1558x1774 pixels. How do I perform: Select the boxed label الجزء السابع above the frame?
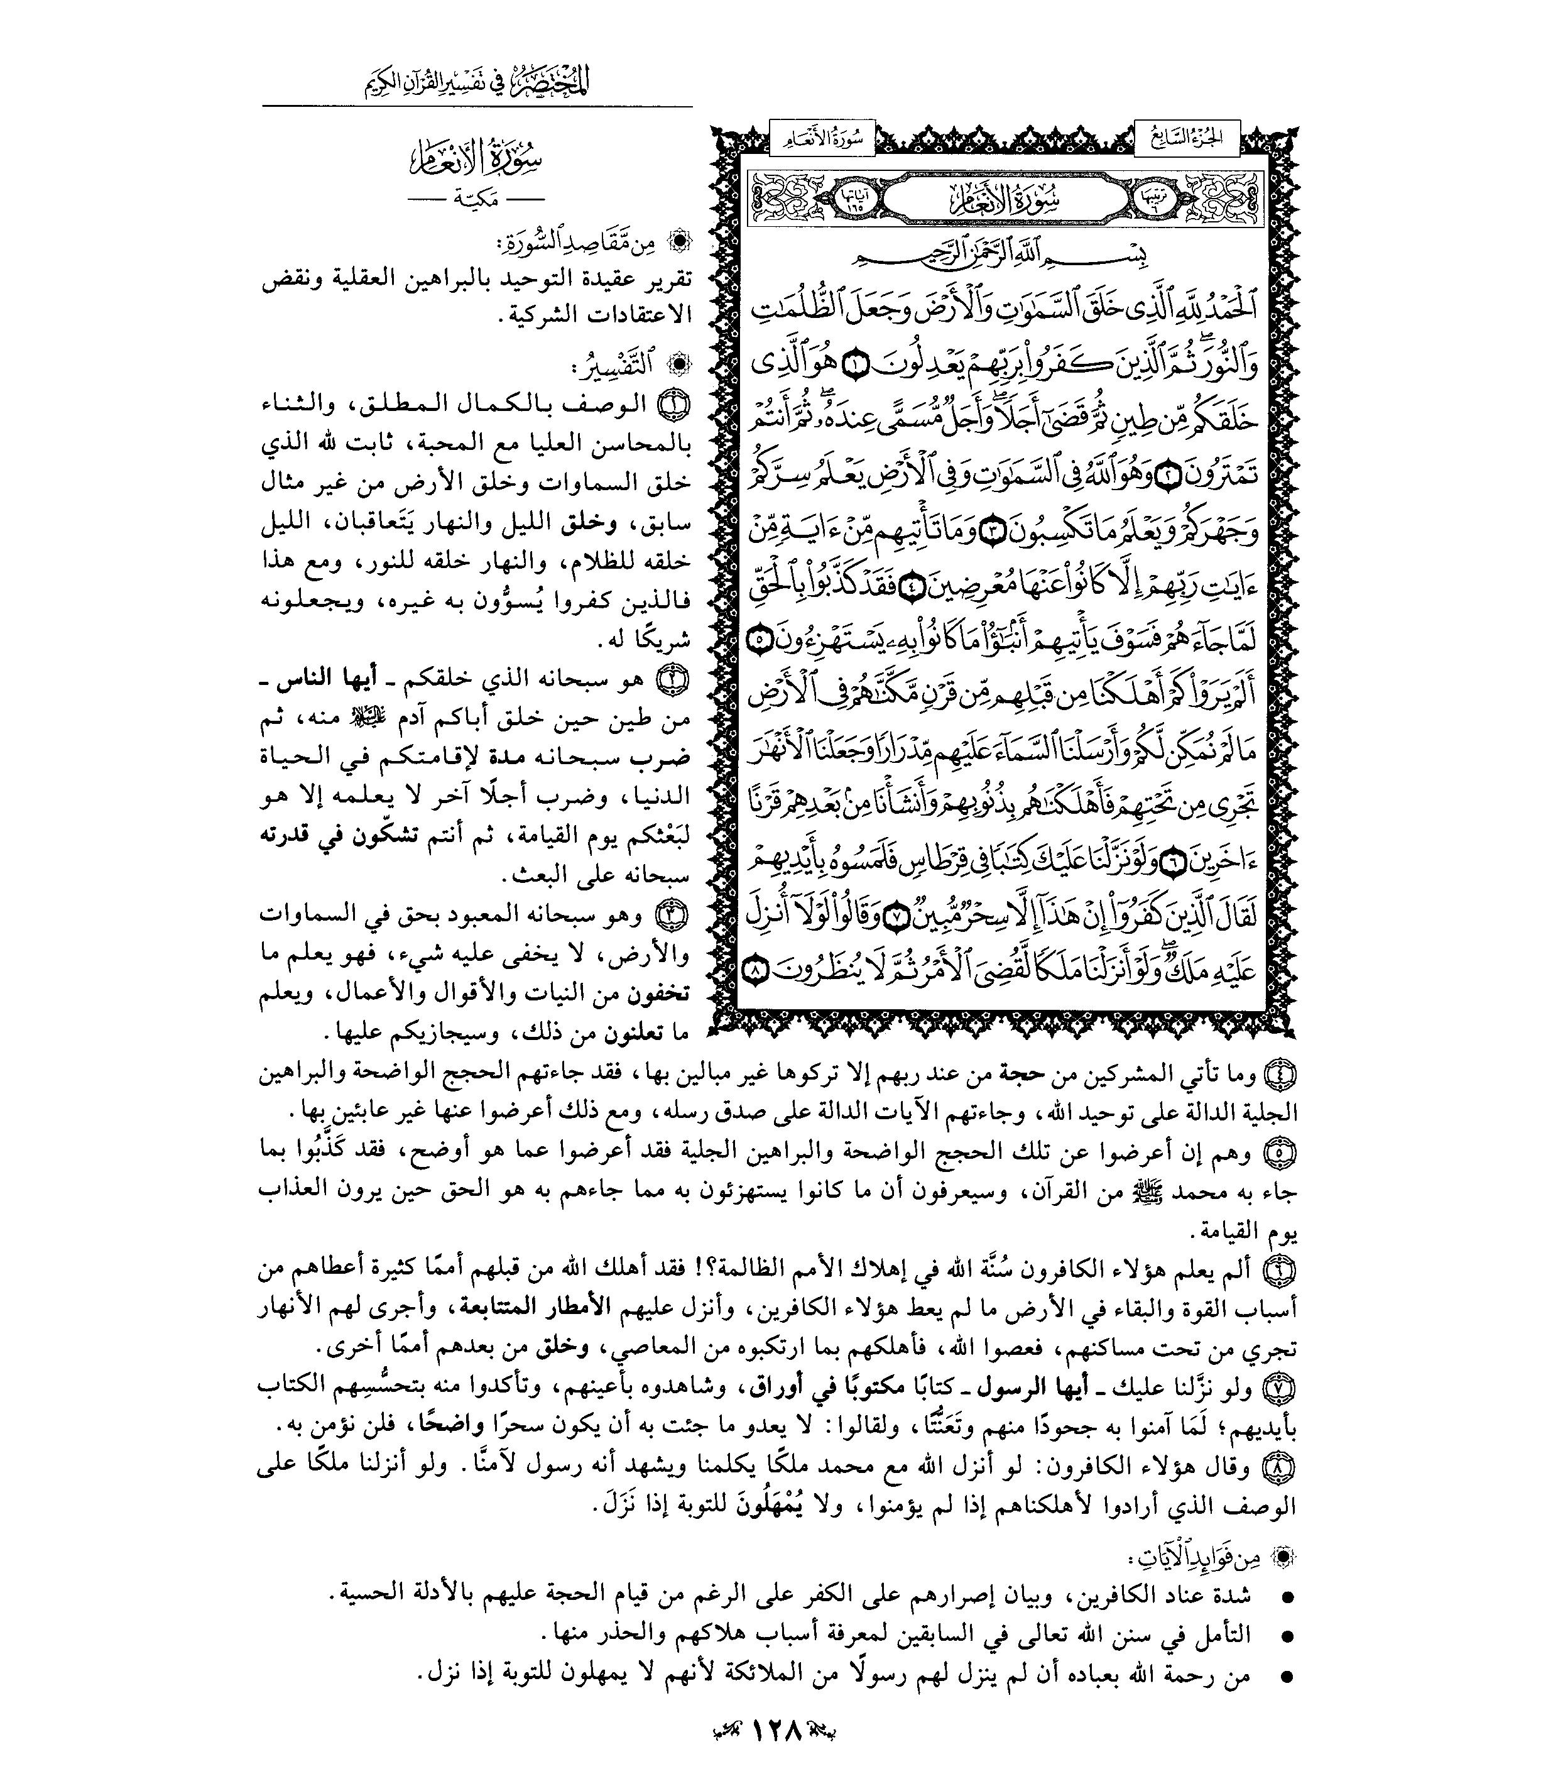pyautogui.click(x=1187, y=137)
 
